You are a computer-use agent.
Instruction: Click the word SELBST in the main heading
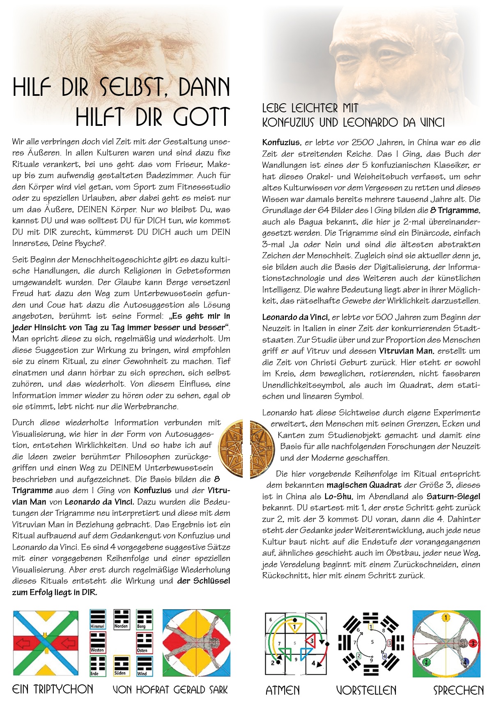131,87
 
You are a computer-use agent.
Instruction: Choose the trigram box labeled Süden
121,665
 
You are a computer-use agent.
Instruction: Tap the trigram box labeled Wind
144,666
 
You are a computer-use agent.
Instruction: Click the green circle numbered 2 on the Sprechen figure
427,662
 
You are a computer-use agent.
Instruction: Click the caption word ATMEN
283,690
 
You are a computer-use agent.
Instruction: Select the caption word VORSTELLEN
366,690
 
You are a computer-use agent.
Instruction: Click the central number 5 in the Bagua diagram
372,642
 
